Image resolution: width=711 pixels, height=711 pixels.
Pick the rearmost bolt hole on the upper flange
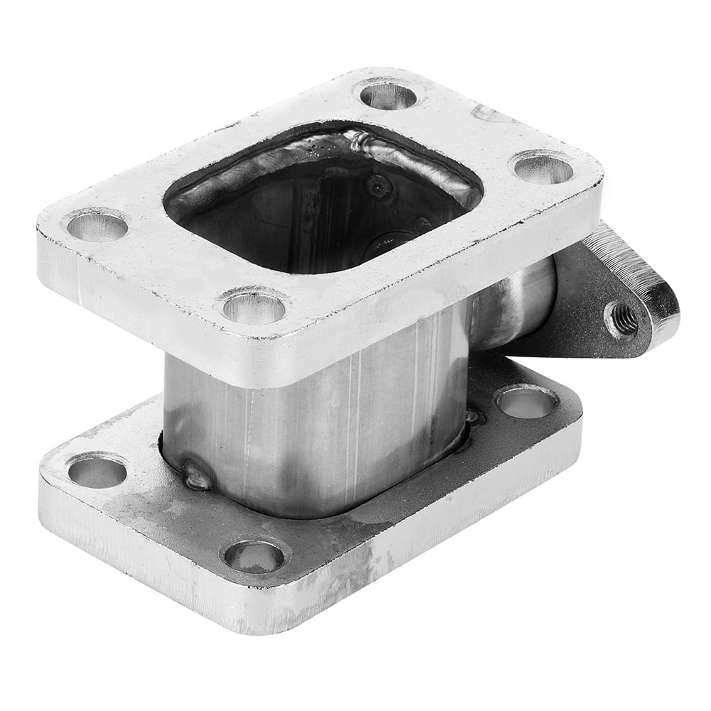388,95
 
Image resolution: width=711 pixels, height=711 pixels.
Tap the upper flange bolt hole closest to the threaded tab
543,168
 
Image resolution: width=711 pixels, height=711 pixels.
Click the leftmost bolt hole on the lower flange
97,472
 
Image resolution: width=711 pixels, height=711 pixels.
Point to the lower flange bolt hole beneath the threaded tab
526,403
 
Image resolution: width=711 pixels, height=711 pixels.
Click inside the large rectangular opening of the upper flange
320,213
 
